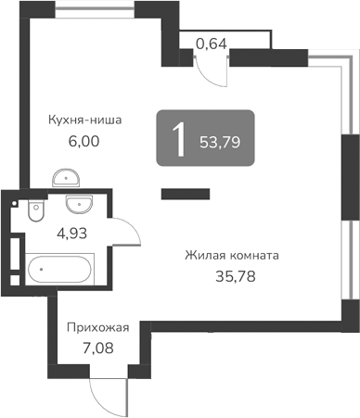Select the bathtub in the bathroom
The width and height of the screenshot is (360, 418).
[x=59, y=271]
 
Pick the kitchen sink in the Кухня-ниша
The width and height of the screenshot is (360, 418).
[x=64, y=178]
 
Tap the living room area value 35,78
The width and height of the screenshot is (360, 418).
[x=232, y=275]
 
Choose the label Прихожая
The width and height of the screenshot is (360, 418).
[x=96, y=327]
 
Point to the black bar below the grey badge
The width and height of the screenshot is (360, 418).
[x=185, y=194]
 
